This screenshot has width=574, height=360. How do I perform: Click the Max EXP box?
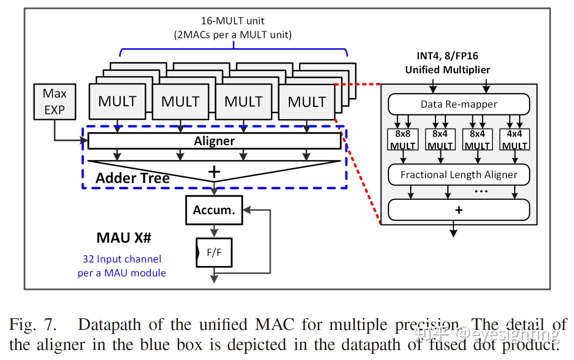55,102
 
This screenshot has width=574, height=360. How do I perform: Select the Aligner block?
214,141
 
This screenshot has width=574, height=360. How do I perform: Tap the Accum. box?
214,210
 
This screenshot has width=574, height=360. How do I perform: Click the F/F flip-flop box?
214,252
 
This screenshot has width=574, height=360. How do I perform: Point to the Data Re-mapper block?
459,104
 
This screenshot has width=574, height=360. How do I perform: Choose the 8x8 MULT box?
403,140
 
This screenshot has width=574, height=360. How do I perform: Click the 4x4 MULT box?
515,140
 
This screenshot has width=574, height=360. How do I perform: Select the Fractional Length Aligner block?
459,175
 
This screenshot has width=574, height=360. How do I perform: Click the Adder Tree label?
133,178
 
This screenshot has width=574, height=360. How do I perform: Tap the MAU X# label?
124,238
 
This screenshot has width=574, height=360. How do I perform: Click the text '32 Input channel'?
122,259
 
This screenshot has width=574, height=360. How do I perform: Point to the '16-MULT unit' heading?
232,21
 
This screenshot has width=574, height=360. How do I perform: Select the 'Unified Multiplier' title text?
448,70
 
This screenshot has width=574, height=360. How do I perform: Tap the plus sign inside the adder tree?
214,172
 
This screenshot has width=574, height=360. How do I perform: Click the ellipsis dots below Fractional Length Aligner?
481,192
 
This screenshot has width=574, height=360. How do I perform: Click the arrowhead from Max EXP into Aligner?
84,140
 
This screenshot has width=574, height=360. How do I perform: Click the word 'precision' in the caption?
427,324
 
